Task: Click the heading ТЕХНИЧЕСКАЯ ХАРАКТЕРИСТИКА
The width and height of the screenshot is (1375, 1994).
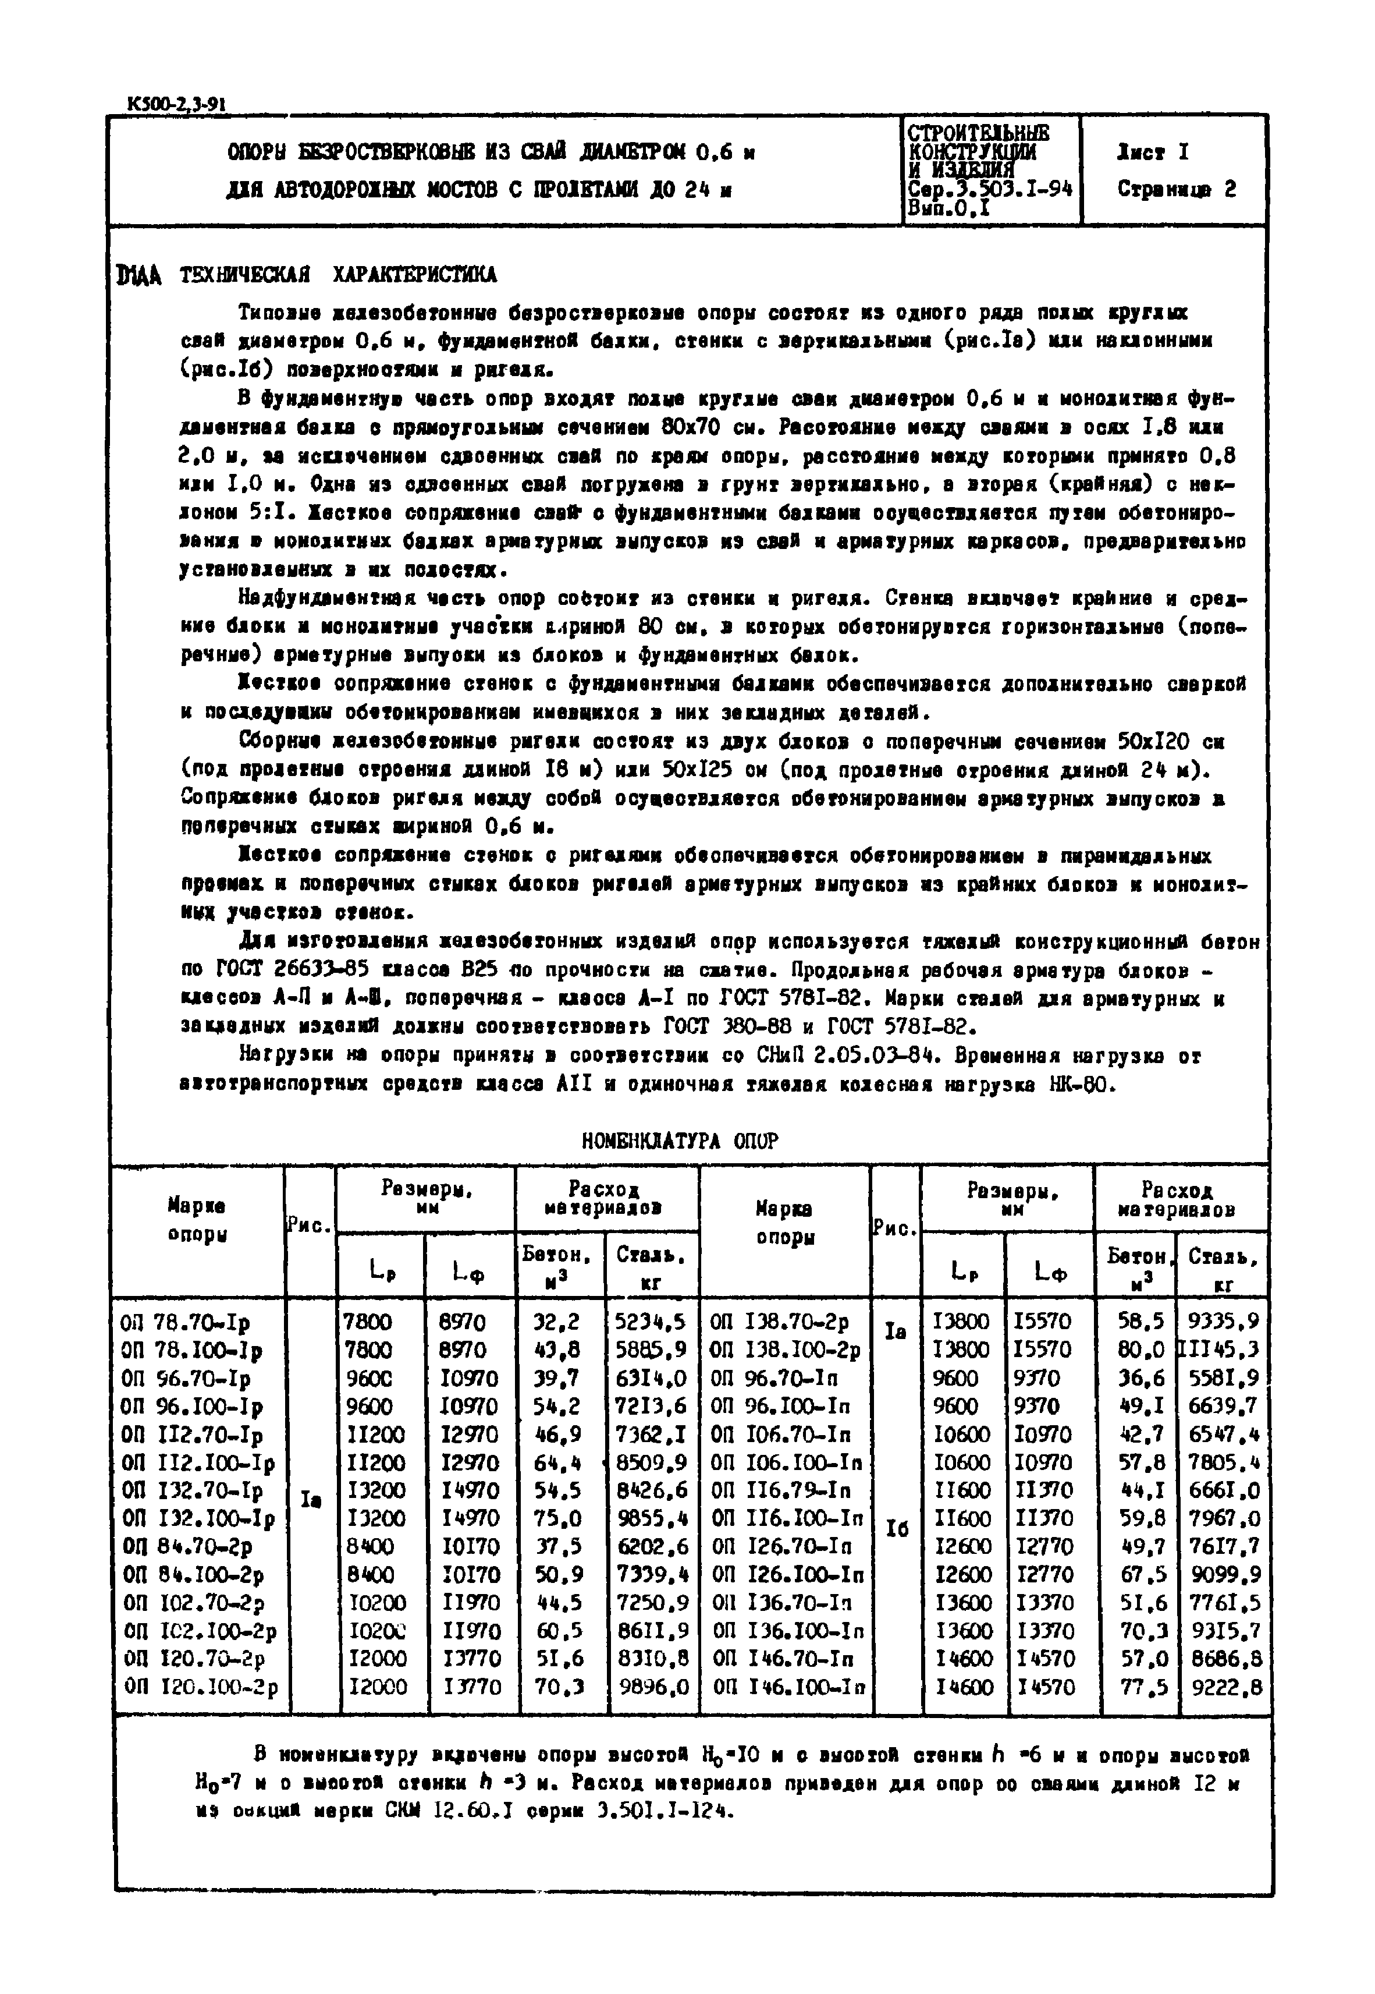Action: click(x=337, y=276)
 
